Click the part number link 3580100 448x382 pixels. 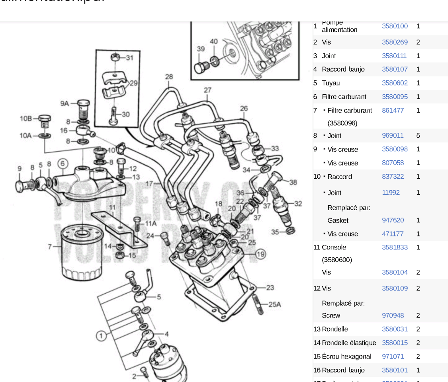tap(394, 26)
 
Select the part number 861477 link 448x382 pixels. tap(392, 110)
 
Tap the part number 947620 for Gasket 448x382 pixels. tap(392, 220)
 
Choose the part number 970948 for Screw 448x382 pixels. tap(392, 315)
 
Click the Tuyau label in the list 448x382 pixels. tap(331, 83)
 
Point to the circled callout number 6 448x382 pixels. tap(62, 164)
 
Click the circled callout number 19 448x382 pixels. tap(260, 254)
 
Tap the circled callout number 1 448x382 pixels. tap(101, 336)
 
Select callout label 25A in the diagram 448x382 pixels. tap(274, 304)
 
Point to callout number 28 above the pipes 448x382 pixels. tap(169, 76)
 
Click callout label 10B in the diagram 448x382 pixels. tap(26, 118)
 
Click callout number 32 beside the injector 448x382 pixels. tap(298, 204)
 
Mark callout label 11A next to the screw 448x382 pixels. tap(151, 223)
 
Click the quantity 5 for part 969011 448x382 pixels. tap(418, 135)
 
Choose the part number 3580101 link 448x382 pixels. tap(394, 370)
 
